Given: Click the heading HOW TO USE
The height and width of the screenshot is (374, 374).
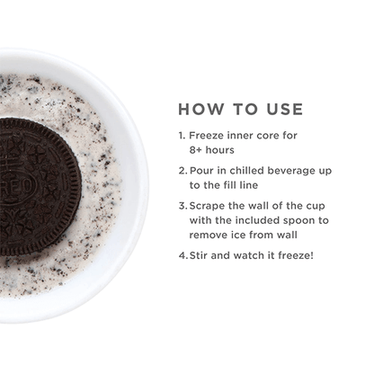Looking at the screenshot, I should pos(240,109).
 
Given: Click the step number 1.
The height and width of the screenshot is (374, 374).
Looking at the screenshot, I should pos(182,136).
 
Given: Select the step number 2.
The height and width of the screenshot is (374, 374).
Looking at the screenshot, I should pos(182,169).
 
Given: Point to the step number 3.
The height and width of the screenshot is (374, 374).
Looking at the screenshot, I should pos(182,204).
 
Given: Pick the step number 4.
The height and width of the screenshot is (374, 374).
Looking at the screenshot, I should pos(182,254).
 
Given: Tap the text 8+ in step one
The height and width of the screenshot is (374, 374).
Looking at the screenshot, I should pos(199,150).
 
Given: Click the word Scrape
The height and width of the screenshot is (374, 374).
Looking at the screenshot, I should pos(209,204).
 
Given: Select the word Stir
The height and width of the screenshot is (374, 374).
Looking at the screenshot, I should pos(202,254).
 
